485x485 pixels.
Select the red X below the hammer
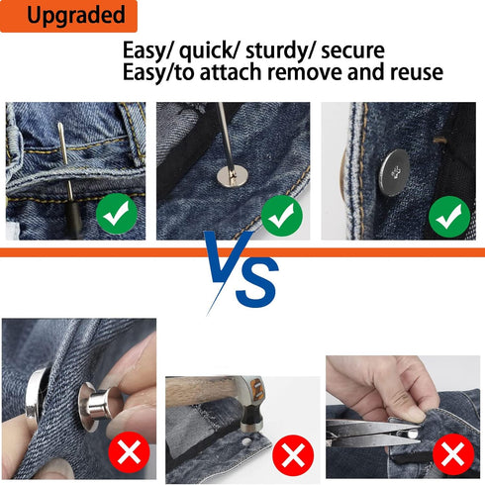291,456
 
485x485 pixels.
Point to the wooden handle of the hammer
198,392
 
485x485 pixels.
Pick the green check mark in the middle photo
281,214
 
